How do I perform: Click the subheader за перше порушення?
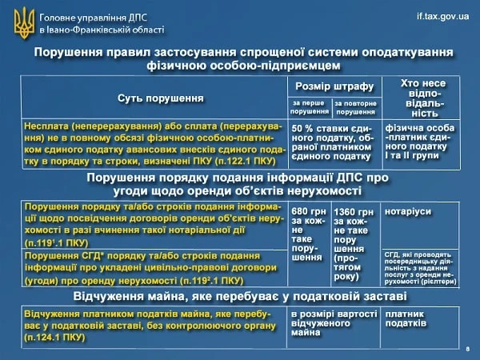point(310,107)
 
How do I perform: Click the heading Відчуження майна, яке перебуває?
point(240,298)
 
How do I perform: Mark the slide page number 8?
point(467,350)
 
